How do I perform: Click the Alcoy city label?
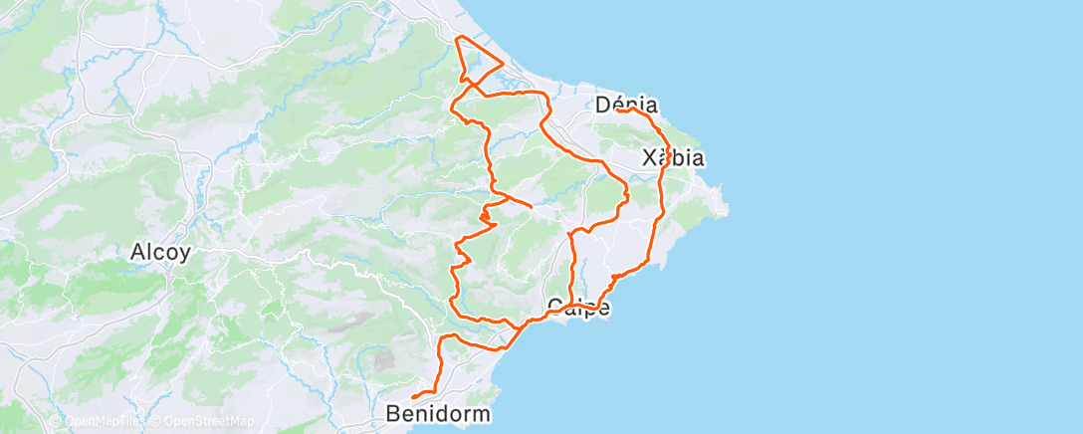point(160,253)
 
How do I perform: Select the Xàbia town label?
point(673,158)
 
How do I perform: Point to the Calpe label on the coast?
point(578,308)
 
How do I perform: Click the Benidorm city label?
point(439,413)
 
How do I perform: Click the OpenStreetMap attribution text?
point(207,421)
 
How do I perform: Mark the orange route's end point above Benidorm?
point(412,397)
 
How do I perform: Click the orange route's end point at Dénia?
point(617,109)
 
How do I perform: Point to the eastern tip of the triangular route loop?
point(503,67)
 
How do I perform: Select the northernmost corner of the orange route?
point(457,38)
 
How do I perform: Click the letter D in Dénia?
point(603,105)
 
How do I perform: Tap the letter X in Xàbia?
point(649,158)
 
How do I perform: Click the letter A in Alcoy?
point(137,253)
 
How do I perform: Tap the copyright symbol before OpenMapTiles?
point(58,421)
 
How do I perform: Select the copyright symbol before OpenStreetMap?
point(157,421)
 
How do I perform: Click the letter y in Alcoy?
point(184,255)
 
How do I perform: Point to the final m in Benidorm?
point(482,413)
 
